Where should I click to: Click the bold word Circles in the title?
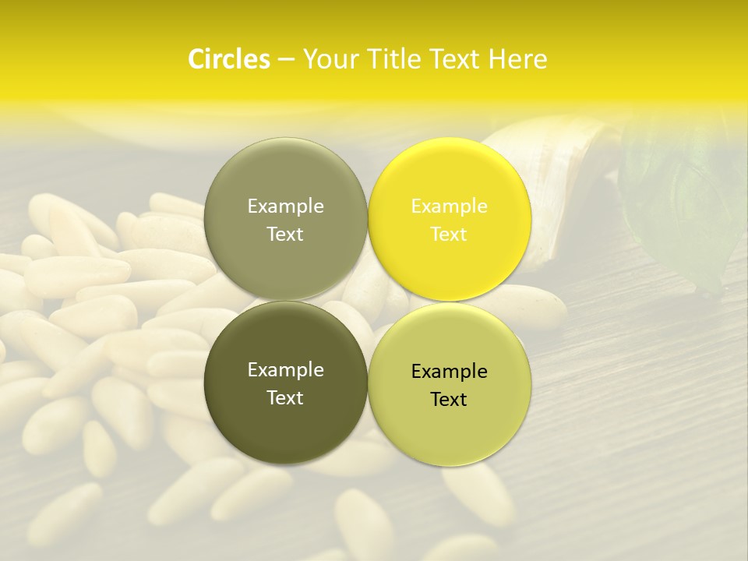[228, 59]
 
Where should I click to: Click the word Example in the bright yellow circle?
[450, 206]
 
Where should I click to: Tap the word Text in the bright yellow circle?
[450, 234]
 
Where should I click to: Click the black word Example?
[450, 372]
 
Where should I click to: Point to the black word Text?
[450, 400]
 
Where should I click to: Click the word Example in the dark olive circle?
[285, 370]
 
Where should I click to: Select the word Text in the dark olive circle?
[285, 397]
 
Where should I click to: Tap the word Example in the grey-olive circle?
[285, 206]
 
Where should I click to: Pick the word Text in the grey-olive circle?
[285, 234]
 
